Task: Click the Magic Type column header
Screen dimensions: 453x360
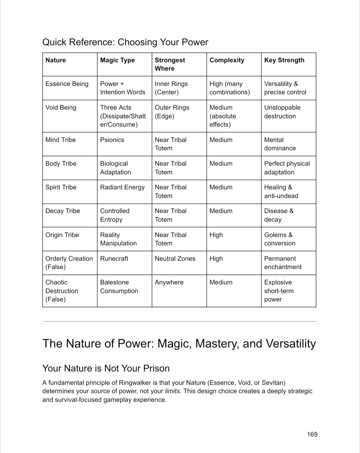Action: click(x=117, y=60)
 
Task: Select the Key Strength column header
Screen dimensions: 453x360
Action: click(x=284, y=60)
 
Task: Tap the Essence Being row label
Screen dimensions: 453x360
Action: click(x=67, y=84)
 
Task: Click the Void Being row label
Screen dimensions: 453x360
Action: click(x=61, y=108)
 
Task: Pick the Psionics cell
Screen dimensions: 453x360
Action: click(x=112, y=140)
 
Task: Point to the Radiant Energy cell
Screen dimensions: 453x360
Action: click(x=122, y=187)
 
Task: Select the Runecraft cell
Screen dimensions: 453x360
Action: click(x=114, y=259)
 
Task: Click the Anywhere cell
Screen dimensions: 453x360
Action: click(x=169, y=283)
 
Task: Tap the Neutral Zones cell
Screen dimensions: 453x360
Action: click(x=175, y=259)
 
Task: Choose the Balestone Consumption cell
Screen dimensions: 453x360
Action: click(x=119, y=287)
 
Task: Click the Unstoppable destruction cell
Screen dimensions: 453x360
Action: click(x=282, y=112)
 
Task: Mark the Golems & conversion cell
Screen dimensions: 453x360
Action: click(x=279, y=239)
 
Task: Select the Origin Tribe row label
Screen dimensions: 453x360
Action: click(x=62, y=235)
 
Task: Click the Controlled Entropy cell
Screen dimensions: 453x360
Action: click(x=115, y=215)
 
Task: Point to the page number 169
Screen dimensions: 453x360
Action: click(x=312, y=434)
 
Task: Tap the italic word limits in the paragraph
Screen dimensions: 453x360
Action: click(x=172, y=391)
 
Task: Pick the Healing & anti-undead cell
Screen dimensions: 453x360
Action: click(x=281, y=192)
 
